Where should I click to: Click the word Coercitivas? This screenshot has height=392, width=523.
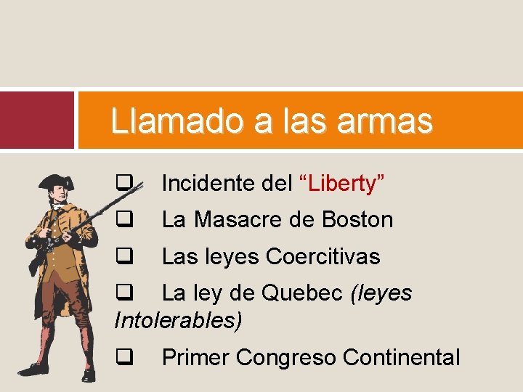point(323,256)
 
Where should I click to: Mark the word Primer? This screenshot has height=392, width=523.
point(195,357)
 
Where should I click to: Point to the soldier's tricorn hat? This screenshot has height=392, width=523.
point(57,181)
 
